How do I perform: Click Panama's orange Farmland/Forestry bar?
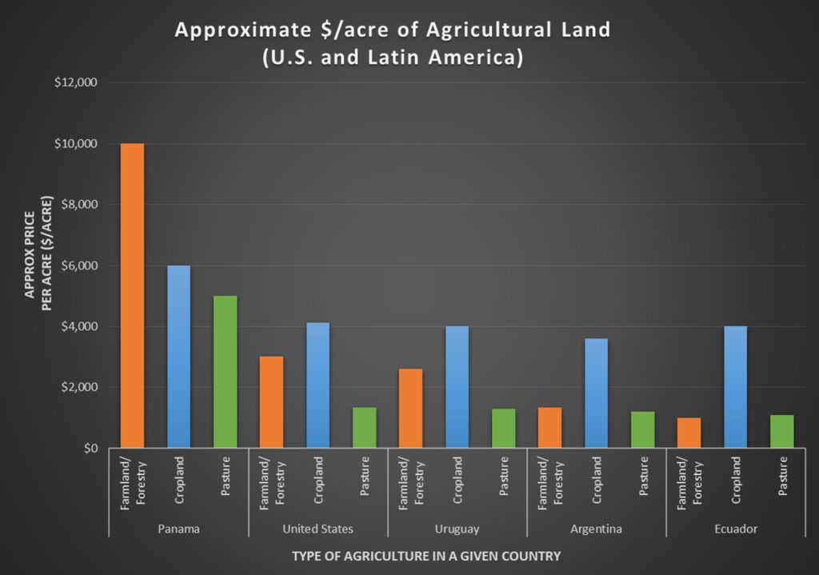pos(132,296)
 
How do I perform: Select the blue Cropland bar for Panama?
pos(178,357)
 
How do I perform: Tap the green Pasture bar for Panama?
pos(225,372)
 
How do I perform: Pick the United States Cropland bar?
pos(318,385)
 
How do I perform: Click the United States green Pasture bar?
pos(364,428)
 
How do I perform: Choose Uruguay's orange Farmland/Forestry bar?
pos(410,408)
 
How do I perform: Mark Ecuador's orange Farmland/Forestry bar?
pos(689,433)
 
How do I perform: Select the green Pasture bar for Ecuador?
pos(781,431)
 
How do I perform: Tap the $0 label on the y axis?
pos(89,449)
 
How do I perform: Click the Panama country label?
pos(178,529)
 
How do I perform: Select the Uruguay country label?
pos(457,529)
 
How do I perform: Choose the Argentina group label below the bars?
pos(596,529)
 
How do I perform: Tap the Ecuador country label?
pos(735,529)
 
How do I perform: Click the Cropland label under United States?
pos(318,479)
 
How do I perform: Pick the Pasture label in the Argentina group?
pos(643,477)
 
